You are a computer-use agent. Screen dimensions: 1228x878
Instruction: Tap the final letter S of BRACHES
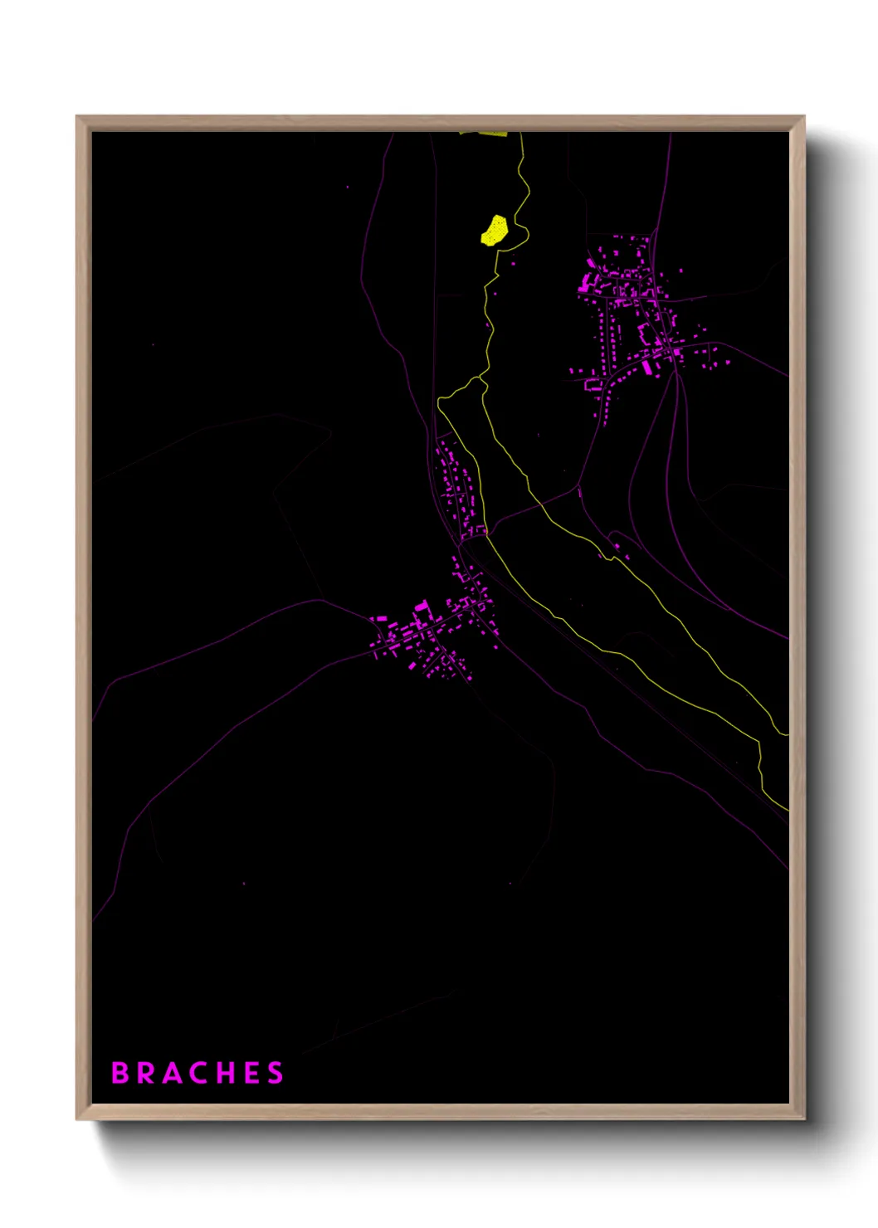tap(276, 1073)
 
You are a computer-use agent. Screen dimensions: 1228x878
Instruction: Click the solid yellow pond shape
tap(494, 231)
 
